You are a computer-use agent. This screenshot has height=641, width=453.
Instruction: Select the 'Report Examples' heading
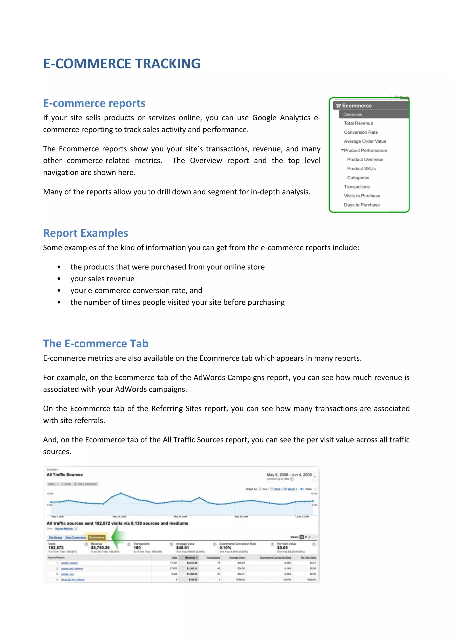click(x=85, y=233)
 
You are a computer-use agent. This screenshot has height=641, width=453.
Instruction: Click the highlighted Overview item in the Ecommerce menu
click(x=353, y=114)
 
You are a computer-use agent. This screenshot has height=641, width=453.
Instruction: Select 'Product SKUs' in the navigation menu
click(x=361, y=169)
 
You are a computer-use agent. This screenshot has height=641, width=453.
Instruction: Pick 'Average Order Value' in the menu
click(x=365, y=141)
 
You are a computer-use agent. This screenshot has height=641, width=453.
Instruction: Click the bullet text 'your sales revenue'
click(x=102, y=279)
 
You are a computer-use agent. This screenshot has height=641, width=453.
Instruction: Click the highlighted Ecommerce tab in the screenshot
click(x=96, y=537)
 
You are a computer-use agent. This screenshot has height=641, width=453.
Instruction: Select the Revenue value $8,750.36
click(x=100, y=548)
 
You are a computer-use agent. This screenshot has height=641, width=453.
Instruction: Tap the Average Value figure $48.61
click(x=182, y=548)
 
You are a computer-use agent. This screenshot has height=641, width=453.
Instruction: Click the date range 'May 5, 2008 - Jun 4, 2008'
click(x=289, y=475)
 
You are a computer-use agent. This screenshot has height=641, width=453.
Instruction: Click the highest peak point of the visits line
click(x=121, y=493)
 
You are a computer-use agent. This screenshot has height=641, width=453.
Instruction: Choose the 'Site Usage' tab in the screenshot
click(x=55, y=537)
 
